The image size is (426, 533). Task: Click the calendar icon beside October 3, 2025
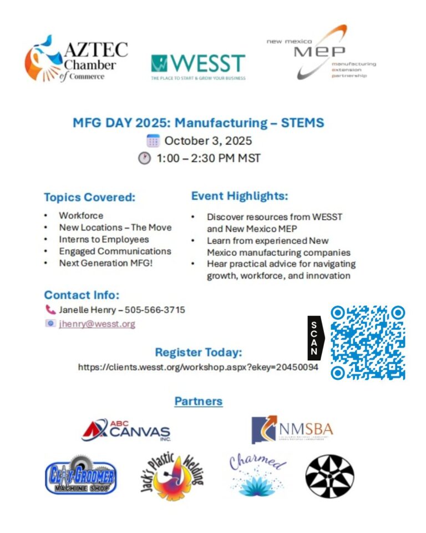click(153, 140)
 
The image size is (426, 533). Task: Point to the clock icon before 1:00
click(144, 158)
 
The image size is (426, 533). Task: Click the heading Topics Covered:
click(89, 198)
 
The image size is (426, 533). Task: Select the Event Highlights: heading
click(240, 196)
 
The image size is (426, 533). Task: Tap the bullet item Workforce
click(81, 215)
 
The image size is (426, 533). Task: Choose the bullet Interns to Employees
click(104, 239)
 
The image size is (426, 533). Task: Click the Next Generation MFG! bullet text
click(105, 263)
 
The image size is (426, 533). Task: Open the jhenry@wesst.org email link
click(97, 324)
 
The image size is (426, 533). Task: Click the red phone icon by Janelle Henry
click(50, 310)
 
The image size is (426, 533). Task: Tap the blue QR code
click(368, 343)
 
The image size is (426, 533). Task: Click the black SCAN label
click(315, 338)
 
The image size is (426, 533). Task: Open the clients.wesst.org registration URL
click(197, 367)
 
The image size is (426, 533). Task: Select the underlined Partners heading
click(199, 401)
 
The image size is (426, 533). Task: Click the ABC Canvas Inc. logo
click(126, 430)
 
